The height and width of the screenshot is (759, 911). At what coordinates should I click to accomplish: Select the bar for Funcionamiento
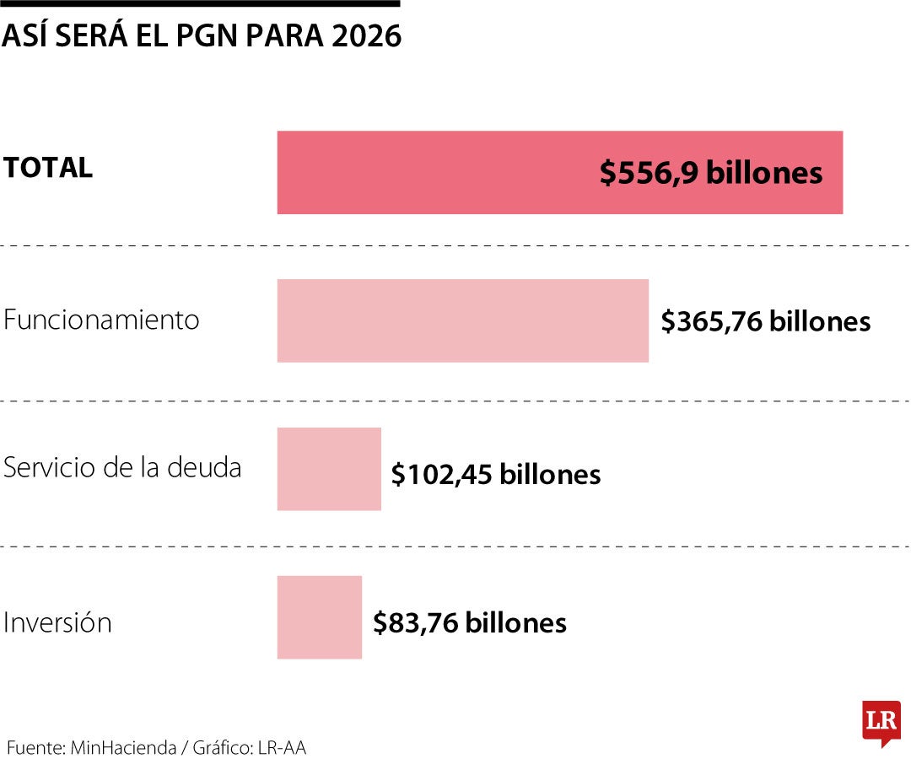click(x=462, y=320)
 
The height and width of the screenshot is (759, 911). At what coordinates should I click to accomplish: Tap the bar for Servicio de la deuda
click(x=329, y=469)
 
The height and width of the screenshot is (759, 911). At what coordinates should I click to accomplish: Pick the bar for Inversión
click(x=319, y=617)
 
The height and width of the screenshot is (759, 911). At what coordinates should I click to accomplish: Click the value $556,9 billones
click(x=710, y=173)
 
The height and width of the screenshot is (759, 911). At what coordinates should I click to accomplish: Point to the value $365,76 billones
click(x=765, y=321)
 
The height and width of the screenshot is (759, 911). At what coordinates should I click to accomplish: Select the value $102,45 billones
click(x=495, y=474)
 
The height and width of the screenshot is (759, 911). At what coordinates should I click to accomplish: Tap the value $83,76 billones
click(x=469, y=622)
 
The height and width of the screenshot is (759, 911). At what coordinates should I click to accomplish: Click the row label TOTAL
click(x=48, y=168)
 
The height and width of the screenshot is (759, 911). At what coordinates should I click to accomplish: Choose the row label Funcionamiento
click(x=101, y=320)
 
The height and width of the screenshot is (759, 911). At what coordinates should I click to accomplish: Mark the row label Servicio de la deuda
click(x=122, y=468)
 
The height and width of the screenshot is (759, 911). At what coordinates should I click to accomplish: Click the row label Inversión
click(x=57, y=623)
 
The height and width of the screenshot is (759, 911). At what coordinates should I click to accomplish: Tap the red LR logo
click(x=881, y=722)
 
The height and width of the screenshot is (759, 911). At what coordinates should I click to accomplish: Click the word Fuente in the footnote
click(x=35, y=747)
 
